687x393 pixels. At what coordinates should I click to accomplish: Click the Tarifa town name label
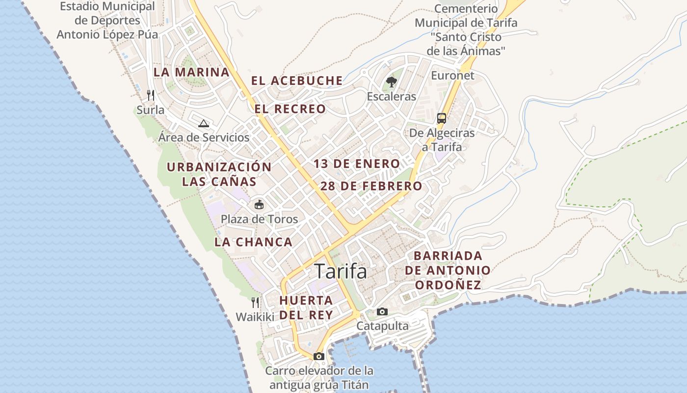(x=341, y=271)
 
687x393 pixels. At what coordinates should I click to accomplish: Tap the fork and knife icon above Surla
(x=151, y=94)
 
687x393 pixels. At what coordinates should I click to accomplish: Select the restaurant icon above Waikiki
(x=255, y=302)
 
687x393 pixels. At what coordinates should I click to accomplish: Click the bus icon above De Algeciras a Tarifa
(x=442, y=118)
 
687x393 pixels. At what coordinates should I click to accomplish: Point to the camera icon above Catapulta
(x=382, y=311)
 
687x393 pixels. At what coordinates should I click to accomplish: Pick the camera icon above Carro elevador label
(x=319, y=356)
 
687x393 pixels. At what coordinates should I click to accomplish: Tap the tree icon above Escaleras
(x=391, y=82)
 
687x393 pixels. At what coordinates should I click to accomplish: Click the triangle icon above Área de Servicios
(x=204, y=123)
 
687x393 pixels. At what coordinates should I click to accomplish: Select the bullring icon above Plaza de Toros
(x=259, y=204)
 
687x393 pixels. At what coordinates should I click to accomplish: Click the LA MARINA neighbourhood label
(x=191, y=72)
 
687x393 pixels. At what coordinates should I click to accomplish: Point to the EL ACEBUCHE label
(x=297, y=81)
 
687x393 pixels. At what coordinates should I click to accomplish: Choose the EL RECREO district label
(x=290, y=109)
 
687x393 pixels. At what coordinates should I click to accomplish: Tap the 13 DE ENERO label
(x=357, y=164)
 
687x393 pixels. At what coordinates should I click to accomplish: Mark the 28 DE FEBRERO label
(x=371, y=186)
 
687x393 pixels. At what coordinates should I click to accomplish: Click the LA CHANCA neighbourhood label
(x=253, y=242)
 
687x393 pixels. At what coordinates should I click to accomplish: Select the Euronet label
(x=452, y=76)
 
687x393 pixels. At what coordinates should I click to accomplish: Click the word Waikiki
(x=255, y=317)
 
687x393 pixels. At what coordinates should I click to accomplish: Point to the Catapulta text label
(x=382, y=326)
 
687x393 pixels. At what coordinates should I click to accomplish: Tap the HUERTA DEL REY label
(x=306, y=308)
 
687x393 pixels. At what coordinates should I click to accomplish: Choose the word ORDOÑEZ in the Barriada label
(x=447, y=285)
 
